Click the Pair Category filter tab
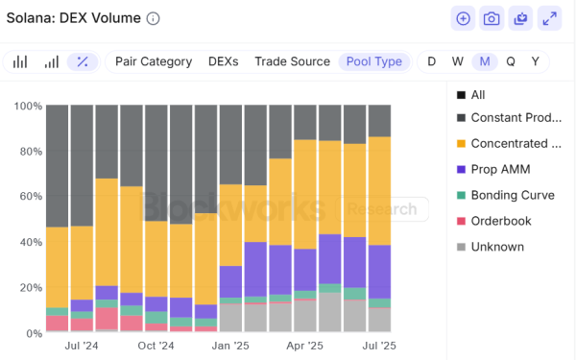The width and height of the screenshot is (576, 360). click(154, 61)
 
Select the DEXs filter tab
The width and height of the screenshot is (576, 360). click(224, 61)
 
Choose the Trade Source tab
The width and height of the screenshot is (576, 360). click(292, 61)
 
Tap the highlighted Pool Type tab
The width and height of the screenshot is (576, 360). click(374, 61)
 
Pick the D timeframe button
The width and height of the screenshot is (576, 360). click(431, 61)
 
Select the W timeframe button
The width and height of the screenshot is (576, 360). click(458, 61)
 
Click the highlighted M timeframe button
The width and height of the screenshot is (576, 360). click(485, 61)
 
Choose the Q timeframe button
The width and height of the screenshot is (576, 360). click(511, 61)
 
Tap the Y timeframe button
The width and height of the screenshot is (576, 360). click(536, 61)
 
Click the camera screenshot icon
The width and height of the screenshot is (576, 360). click(492, 18)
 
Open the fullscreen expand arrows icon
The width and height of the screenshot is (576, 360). click(549, 18)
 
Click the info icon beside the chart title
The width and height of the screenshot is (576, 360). click(154, 18)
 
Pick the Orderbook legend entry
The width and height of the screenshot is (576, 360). click(499, 221)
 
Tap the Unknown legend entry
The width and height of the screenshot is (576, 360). click(496, 247)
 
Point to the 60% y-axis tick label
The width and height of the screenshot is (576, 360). click(29, 197)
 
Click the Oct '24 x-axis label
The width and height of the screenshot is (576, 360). click(156, 345)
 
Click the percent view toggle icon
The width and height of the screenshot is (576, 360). click(83, 61)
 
